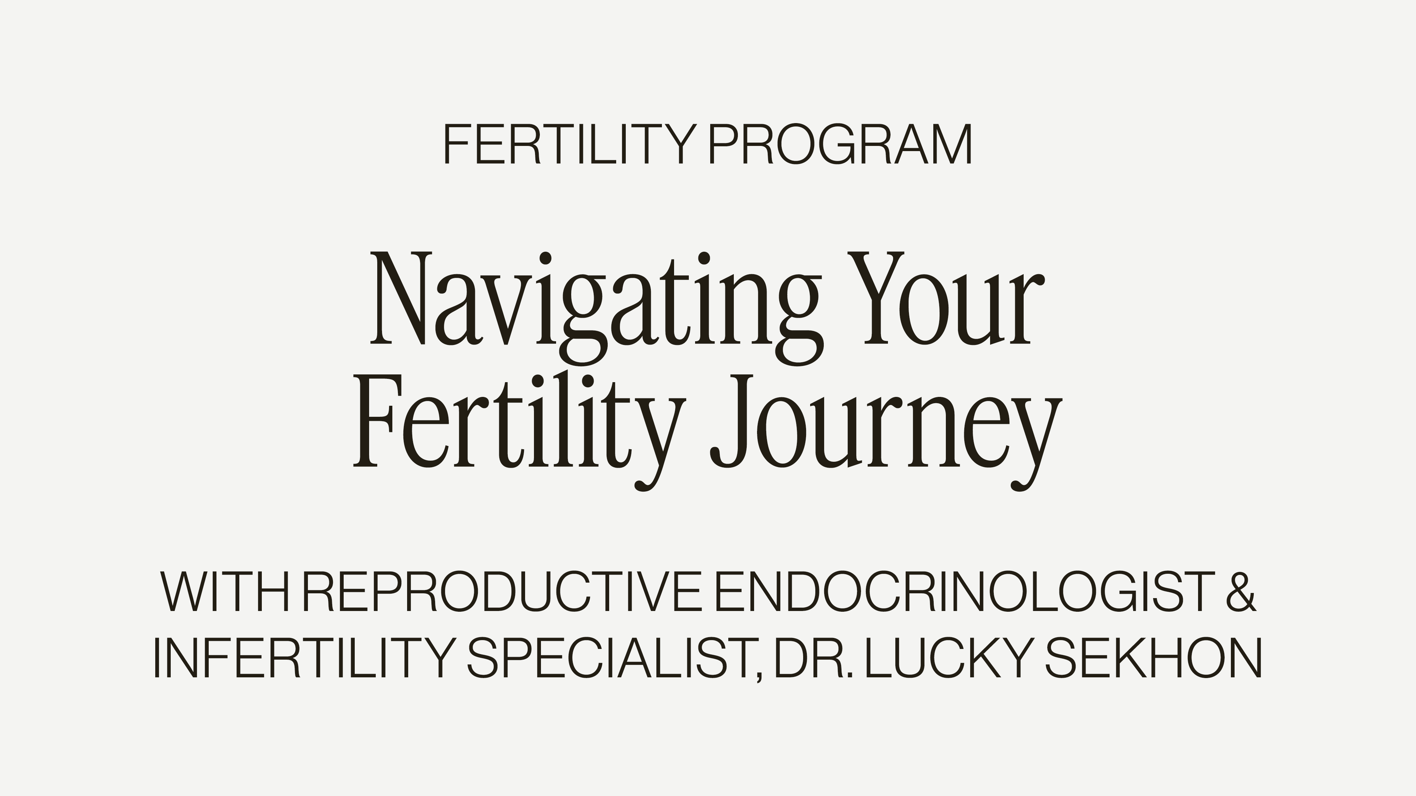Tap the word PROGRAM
coord(840,144)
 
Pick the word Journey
coord(885,429)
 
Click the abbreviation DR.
coord(813,658)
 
